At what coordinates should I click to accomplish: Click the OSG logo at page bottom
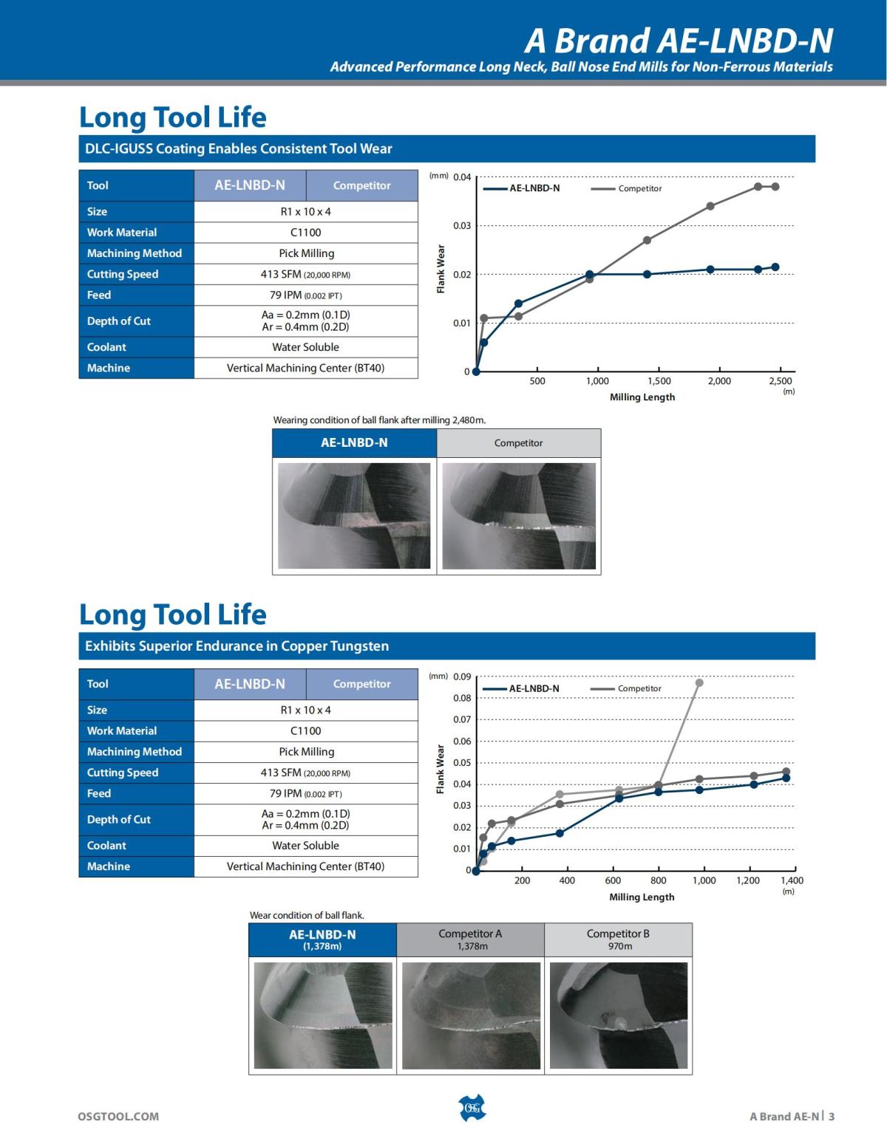click(472, 1108)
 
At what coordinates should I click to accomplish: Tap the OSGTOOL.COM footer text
click(118, 1116)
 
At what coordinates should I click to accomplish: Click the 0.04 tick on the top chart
click(462, 177)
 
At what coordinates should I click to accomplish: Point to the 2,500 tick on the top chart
click(781, 381)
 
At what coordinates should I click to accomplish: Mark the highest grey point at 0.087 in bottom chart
click(699, 682)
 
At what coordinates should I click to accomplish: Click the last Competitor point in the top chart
click(775, 187)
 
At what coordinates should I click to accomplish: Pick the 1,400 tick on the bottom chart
click(792, 880)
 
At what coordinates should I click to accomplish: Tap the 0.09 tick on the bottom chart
click(462, 677)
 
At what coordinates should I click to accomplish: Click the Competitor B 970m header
click(618, 939)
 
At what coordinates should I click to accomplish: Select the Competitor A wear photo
click(471, 1016)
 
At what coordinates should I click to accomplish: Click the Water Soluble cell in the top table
click(305, 347)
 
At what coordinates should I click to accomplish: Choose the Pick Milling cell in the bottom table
click(306, 752)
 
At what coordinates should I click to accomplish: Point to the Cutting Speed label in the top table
click(123, 274)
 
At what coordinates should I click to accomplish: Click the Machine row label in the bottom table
click(108, 866)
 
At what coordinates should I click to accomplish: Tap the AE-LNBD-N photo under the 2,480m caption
click(354, 516)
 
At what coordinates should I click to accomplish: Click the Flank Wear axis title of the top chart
click(441, 269)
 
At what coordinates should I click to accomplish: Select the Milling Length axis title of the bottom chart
click(642, 897)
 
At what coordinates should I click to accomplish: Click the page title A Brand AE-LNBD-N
click(679, 40)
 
